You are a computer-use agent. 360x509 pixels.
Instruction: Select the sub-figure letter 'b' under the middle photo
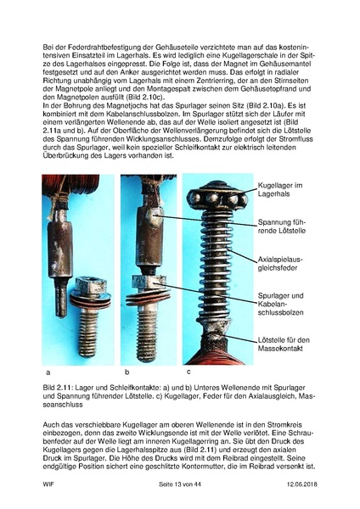[x=126, y=372]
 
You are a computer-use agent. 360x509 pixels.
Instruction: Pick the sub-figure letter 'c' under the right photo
[x=188, y=372]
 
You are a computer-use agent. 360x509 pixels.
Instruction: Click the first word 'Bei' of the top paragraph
[x=47, y=38]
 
